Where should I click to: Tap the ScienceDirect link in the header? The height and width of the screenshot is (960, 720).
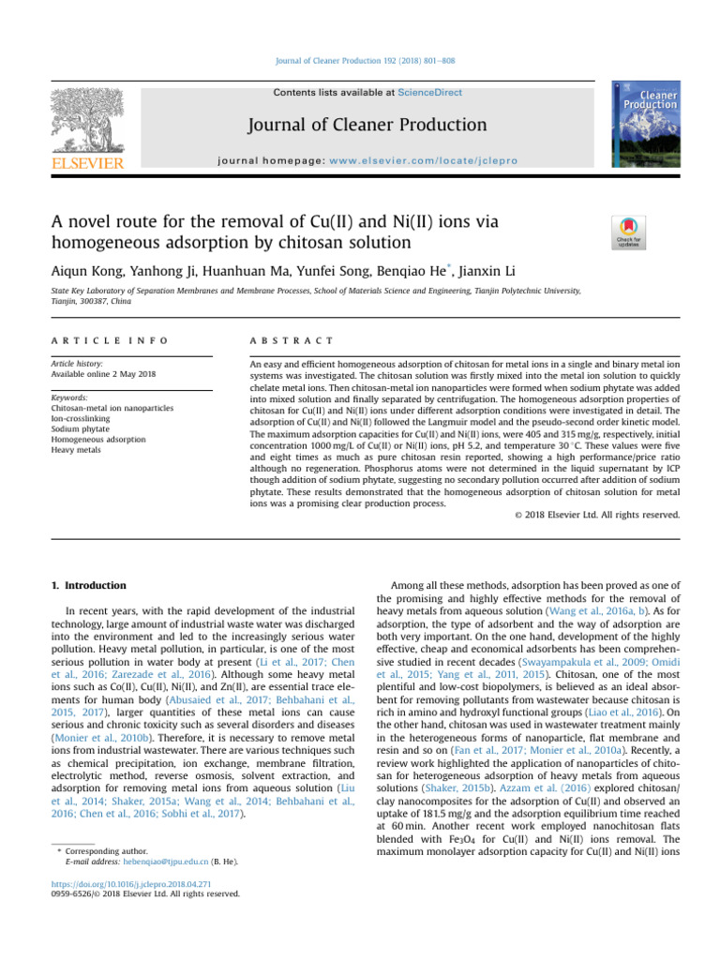tap(429, 93)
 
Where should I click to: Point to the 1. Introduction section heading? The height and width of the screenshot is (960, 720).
tap(89, 586)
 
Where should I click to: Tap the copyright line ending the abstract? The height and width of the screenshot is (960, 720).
tap(598, 515)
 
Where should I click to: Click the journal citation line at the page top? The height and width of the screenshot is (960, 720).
tap(359, 61)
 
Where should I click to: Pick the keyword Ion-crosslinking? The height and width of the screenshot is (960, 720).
tap(82, 419)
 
